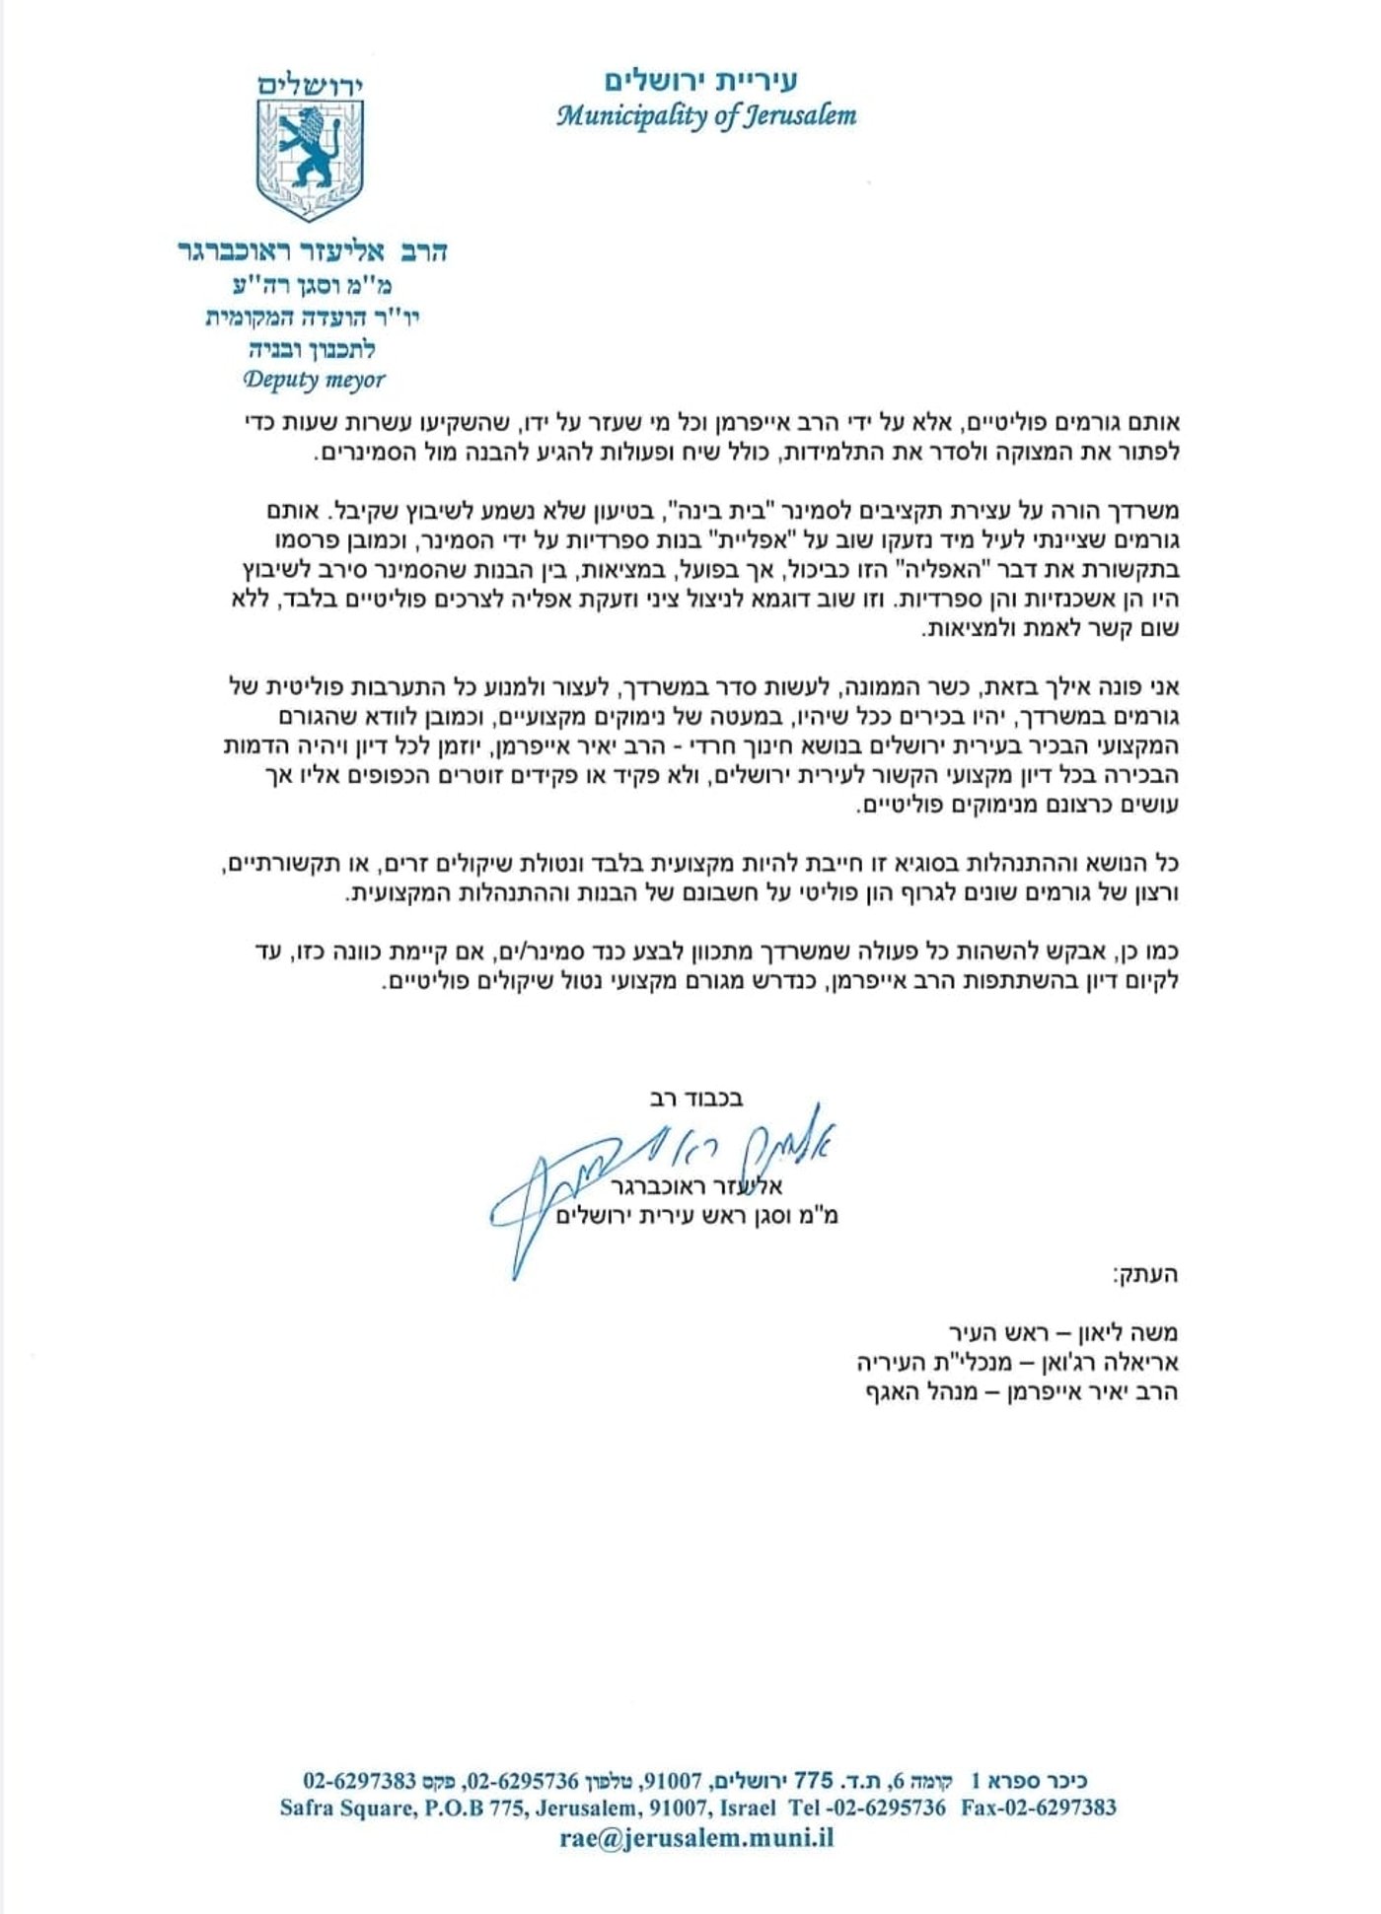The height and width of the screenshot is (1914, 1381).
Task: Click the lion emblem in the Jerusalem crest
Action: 308,149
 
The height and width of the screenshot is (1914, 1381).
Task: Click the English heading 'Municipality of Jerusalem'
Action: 705,116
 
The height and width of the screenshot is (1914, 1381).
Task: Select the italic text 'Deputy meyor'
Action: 314,380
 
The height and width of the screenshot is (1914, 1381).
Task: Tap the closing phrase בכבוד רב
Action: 696,1098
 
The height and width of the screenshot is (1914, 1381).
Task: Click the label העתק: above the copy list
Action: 1145,1274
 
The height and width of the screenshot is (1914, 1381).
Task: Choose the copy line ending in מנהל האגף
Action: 1022,1391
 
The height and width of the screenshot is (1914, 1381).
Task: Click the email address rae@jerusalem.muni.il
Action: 696,1837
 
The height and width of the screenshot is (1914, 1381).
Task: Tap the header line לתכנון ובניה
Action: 312,349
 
